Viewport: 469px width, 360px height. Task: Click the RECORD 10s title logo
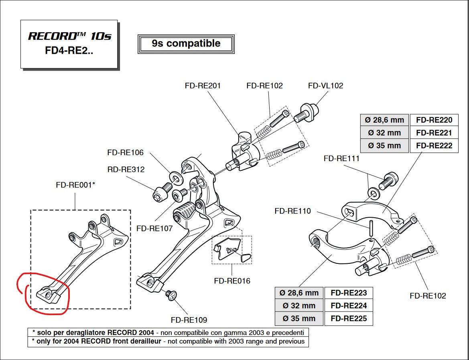point(69,36)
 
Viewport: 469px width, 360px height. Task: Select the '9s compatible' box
point(186,44)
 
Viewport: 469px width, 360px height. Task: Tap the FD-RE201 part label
point(203,86)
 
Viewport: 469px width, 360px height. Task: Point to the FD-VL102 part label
point(325,86)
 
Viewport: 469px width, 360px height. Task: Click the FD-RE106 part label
point(125,153)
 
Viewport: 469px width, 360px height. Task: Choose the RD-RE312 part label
point(126,170)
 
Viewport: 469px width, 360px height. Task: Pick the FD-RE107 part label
point(154,229)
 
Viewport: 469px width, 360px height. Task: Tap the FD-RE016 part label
point(232,281)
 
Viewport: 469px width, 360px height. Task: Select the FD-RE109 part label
point(189,320)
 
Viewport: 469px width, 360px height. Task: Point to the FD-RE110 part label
point(292,211)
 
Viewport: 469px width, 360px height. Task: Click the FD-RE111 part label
point(341,158)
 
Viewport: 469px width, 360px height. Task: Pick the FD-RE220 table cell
point(434,120)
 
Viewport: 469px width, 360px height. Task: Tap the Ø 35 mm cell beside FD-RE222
point(385,146)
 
